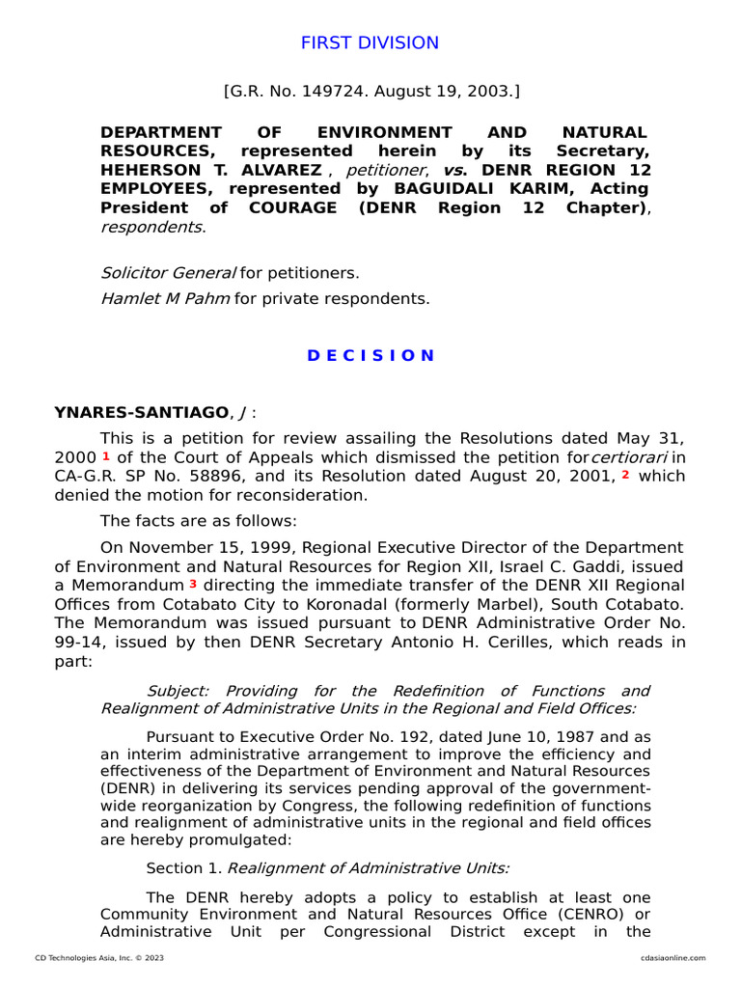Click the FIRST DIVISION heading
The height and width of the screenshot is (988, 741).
(x=370, y=43)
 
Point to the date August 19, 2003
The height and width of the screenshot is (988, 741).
(x=444, y=93)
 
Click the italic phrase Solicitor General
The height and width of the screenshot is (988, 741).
(x=168, y=273)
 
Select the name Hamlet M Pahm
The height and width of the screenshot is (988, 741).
(x=165, y=298)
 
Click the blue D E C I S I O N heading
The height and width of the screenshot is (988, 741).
(x=370, y=355)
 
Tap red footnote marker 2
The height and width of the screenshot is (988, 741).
(x=625, y=475)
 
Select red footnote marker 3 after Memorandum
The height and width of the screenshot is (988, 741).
(x=193, y=585)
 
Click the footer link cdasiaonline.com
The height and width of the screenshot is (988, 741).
(x=672, y=958)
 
